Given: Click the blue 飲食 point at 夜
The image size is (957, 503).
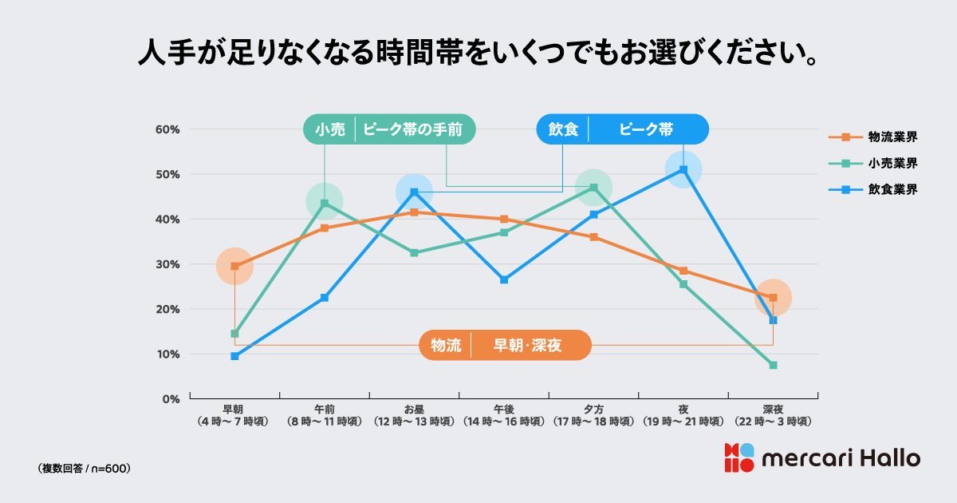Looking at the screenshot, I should (683, 169).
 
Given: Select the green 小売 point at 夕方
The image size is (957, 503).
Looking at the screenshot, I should (593, 188).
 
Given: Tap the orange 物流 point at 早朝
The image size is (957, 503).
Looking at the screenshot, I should (234, 266).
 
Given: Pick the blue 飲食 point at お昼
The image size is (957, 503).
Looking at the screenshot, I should (414, 192).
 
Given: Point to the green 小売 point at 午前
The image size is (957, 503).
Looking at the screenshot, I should (325, 203).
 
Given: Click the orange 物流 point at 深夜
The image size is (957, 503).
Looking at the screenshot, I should (773, 298).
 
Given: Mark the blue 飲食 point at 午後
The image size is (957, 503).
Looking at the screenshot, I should (504, 279).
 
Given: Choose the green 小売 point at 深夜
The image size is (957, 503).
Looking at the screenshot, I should (773, 365).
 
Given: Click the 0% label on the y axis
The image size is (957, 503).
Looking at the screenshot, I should (171, 398).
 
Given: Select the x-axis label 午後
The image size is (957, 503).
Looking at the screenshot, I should (504, 409).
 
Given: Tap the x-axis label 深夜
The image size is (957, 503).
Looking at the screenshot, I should (773, 409).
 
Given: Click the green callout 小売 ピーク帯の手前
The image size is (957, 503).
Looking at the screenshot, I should (389, 129).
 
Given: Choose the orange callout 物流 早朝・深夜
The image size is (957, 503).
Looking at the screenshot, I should (505, 345).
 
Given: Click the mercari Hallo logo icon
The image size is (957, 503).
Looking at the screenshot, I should (738, 457).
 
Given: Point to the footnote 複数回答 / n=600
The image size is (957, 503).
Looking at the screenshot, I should (84, 468).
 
